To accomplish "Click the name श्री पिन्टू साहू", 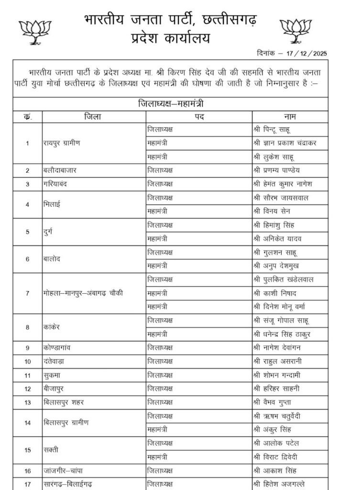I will (273, 129).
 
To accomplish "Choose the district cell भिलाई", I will (53, 204).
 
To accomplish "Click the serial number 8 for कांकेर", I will (27, 327).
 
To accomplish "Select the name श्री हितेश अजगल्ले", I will (281, 484).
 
